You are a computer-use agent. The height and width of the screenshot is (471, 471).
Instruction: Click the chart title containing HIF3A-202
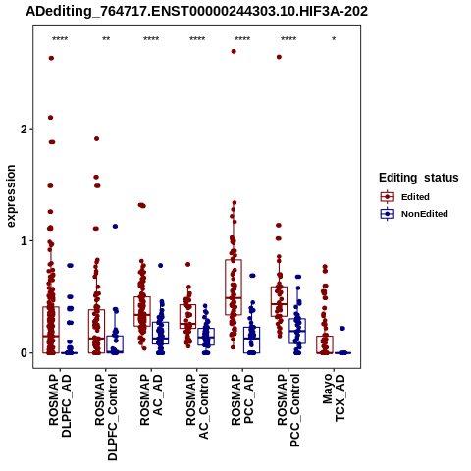coord(196,11)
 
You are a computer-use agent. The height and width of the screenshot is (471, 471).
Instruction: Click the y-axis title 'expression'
coord(11,196)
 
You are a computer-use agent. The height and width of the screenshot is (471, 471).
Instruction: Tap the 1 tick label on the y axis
coord(24,241)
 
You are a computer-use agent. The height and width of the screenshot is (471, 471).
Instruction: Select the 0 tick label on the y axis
coord(24,353)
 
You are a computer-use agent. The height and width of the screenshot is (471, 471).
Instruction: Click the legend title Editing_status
coord(419,178)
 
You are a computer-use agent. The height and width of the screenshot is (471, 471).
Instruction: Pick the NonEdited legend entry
coord(414,214)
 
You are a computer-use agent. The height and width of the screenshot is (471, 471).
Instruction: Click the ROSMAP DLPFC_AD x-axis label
coord(60,405)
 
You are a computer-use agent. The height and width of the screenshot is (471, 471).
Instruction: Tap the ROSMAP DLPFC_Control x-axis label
coord(106,417)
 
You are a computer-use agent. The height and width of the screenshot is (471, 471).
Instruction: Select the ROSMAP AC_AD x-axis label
coord(151,399)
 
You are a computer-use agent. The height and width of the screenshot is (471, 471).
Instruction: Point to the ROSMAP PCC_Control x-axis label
coord(288,410)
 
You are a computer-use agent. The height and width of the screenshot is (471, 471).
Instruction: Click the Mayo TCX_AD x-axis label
coord(334,397)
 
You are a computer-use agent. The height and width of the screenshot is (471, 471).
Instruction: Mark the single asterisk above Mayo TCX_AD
coord(334,39)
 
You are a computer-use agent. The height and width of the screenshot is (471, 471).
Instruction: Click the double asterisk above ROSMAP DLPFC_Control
coord(106,39)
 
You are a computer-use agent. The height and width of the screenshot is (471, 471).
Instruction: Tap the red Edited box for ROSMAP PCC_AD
coord(234,288)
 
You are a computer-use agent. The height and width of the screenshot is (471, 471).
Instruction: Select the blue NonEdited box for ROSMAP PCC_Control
coord(297,331)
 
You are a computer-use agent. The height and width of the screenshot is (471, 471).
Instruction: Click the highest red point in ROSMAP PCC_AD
coord(234,51)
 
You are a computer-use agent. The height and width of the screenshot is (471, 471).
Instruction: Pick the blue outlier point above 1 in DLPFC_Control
coord(115,226)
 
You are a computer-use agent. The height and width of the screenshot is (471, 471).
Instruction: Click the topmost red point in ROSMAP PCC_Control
coord(279,57)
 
